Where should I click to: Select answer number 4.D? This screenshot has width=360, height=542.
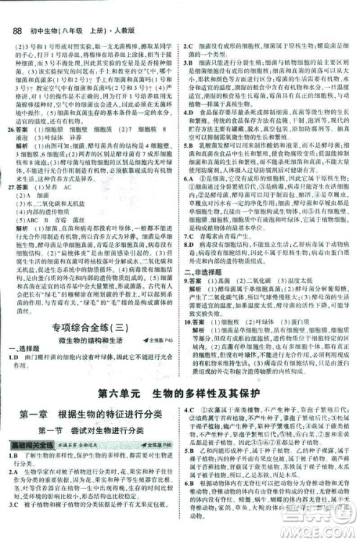pyautogui.click(x=189, y=112)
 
